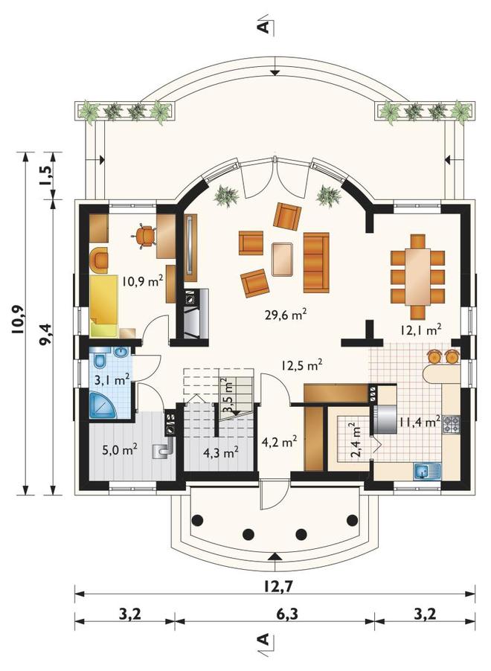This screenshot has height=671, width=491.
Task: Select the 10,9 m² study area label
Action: (x=143, y=281)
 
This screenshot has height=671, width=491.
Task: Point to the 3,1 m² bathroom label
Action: (x=112, y=379)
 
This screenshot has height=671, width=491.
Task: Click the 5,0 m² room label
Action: (x=120, y=450)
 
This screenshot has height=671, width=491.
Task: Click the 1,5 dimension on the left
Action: (x=46, y=175)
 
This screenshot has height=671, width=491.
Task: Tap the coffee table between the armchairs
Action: (x=282, y=259)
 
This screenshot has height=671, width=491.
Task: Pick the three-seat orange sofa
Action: (x=316, y=263)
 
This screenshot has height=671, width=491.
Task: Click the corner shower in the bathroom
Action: (x=103, y=405)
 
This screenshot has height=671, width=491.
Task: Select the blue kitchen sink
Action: (x=427, y=471)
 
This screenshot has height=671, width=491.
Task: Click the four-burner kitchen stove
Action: (x=451, y=424)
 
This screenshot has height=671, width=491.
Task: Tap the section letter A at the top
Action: (x=265, y=27)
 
